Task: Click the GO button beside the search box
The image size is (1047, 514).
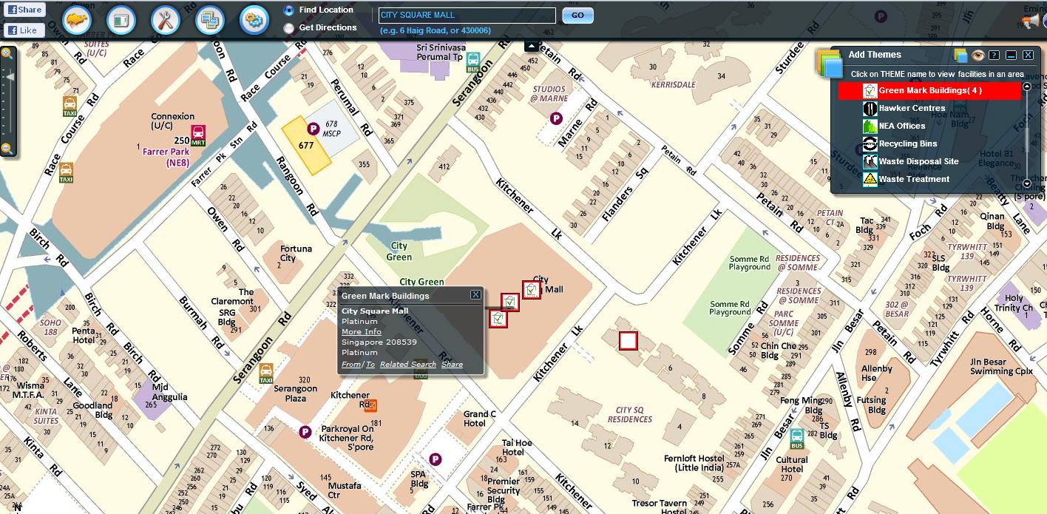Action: [577, 16]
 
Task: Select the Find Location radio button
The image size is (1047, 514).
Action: [288, 10]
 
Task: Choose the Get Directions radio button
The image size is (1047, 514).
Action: [288, 28]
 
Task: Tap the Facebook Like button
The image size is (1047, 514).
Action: [24, 30]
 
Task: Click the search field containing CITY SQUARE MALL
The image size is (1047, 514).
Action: [467, 16]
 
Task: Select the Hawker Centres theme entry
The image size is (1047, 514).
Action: [911, 108]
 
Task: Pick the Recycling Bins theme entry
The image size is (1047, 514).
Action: [907, 143]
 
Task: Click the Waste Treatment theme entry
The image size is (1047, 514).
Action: [913, 179]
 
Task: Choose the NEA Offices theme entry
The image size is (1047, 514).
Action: [901, 126]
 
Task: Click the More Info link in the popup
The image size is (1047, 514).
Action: [361, 332]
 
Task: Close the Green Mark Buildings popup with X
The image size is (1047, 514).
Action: [475, 295]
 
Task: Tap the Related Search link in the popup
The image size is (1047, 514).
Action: [408, 365]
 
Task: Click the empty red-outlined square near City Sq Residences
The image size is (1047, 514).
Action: [628, 341]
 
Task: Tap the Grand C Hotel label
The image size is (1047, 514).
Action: [480, 419]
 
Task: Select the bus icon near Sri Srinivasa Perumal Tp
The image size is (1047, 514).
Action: [473, 61]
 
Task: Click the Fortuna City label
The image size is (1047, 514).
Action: [288, 254]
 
